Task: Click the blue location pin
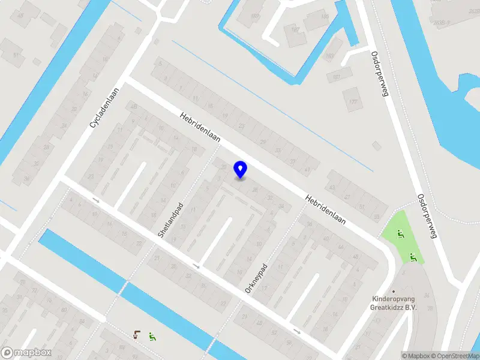coord(241,169)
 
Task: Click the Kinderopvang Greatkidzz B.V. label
coord(394,303)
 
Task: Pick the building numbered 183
coord(329,56)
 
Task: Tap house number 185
coord(325,16)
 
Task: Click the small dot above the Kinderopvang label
coord(394,290)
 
